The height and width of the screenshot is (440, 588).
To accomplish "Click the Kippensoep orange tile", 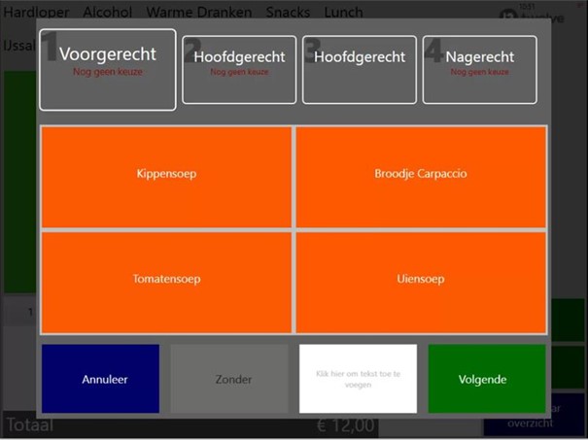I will (165, 175).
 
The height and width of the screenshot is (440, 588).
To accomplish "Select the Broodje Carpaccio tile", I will (420, 175).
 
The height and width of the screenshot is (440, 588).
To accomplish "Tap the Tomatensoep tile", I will (165, 280).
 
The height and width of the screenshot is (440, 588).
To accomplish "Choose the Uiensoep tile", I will (420, 280).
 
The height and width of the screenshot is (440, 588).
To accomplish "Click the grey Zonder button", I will (229, 379).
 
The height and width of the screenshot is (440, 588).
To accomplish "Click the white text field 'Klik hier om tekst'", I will (358, 379).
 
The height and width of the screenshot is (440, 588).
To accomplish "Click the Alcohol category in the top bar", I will (109, 13).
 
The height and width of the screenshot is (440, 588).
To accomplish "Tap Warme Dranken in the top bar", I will (198, 13).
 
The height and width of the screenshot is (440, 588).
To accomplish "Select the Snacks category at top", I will (289, 13).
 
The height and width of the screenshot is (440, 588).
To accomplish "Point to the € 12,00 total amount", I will (344, 425).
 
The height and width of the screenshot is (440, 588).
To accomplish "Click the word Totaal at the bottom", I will (29, 425).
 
